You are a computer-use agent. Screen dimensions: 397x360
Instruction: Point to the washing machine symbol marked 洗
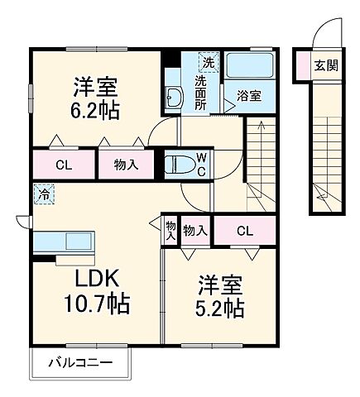tap(209, 62)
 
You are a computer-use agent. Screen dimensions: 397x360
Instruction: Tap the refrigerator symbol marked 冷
tap(42, 195)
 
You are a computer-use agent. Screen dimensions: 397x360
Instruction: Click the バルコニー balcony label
tap(80, 361)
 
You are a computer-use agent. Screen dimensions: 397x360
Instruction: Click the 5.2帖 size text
tap(220, 307)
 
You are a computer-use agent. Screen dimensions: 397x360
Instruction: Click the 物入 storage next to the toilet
tap(127, 165)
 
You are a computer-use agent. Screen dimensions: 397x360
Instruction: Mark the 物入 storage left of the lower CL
tap(195, 230)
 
